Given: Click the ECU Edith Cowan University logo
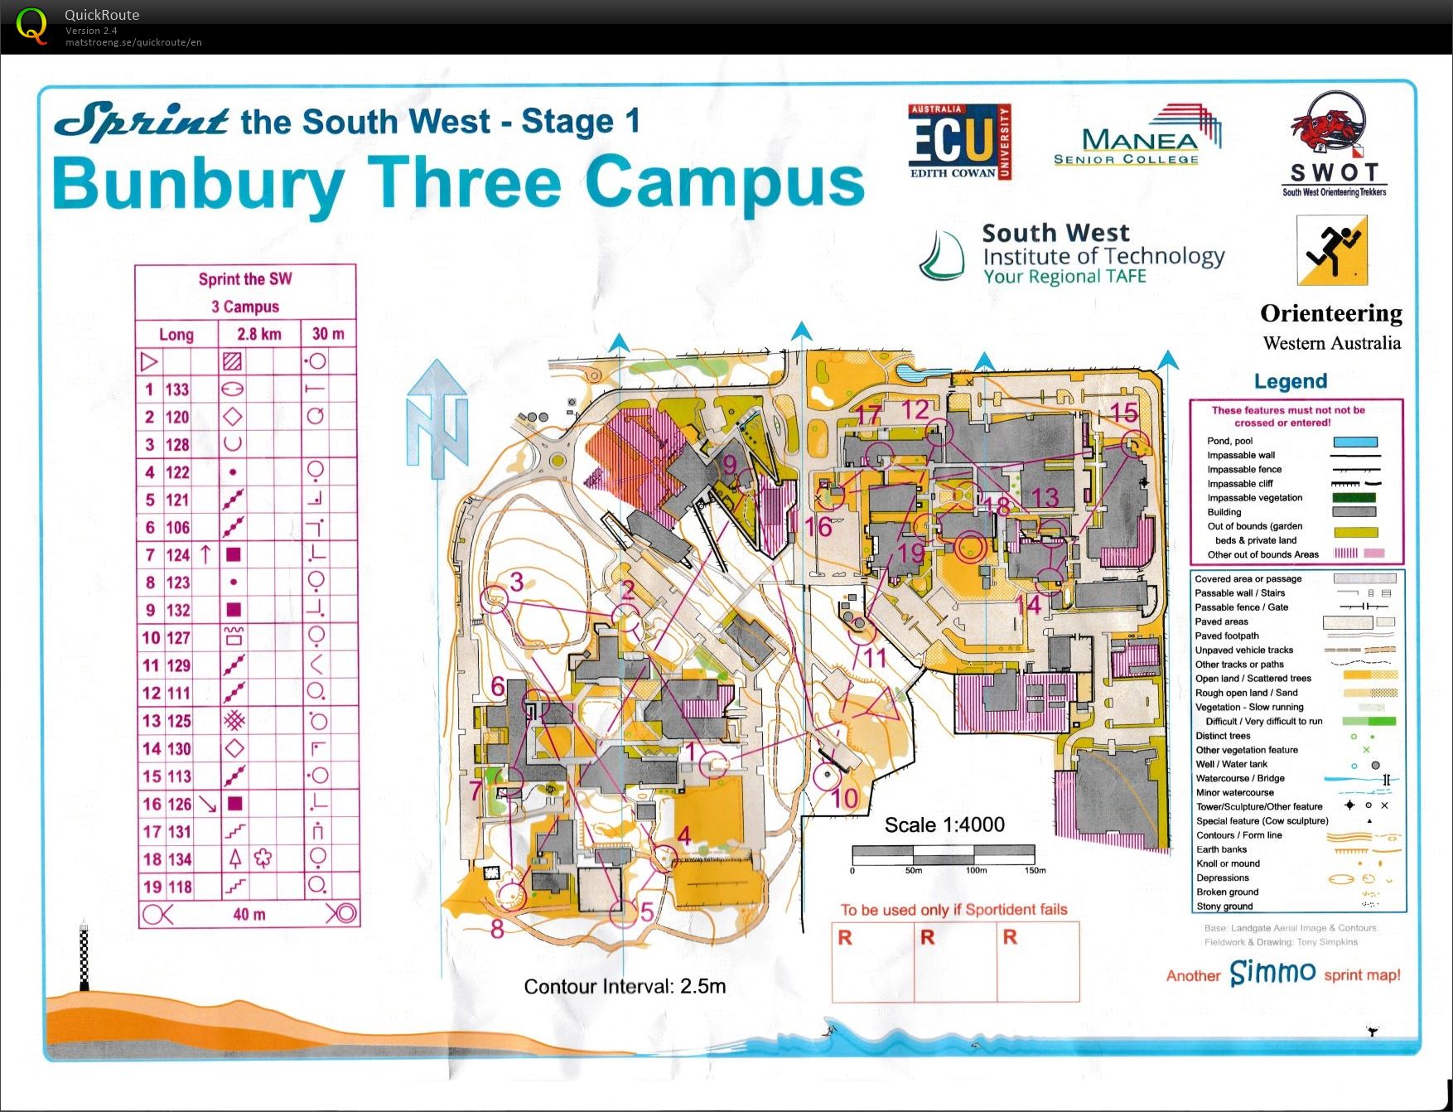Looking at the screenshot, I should [959, 142].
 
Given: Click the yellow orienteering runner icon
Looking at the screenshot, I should [1332, 250].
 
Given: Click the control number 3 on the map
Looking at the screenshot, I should [517, 582].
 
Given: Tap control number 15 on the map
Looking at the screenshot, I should [1123, 413].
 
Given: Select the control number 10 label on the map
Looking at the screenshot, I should [845, 799].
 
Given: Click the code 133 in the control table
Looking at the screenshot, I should [177, 389].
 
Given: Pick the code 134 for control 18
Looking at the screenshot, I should [177, 859].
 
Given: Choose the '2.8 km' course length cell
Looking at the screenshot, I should [258, 334].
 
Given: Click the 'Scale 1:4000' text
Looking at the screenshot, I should [944, 824].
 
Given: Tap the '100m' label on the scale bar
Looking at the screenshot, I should [976, 870].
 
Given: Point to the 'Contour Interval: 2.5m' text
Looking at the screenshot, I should [625, 986].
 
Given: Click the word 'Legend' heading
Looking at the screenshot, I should [1290, 381].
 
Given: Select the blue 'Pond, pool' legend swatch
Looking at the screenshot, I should [1354, 442].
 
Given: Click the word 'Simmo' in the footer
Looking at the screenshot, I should [1272, 972].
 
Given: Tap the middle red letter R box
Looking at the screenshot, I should [955, 961].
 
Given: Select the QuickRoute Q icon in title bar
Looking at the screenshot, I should [31, 26].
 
